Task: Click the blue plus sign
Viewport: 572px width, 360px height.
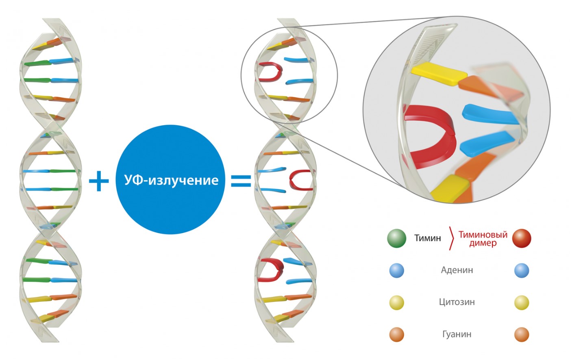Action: (99, 181)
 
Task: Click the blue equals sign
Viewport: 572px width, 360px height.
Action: (241, 181)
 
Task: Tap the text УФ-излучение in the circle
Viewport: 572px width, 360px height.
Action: (171, 180)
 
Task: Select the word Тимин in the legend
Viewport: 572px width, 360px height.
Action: (427, 238)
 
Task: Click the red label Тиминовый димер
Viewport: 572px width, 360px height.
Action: (483, 239)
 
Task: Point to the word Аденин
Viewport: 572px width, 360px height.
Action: (457, 270)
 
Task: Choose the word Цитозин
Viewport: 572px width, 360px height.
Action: (457, 302)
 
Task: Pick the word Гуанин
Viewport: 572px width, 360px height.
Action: (457, 334)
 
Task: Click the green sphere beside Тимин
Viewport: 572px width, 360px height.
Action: (397, 238)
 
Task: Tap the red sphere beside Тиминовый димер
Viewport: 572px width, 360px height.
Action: (522, 238)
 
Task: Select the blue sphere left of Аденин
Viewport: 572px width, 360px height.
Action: (397, 271)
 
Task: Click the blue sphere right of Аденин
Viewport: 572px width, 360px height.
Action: (522, 271)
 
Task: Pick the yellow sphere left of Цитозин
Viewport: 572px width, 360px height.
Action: (397, 303)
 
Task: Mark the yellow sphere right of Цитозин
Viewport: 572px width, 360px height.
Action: (522, 303)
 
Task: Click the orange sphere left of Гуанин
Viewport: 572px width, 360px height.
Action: (397, 334)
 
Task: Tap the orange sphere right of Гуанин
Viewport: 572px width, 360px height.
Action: (522, 334)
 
